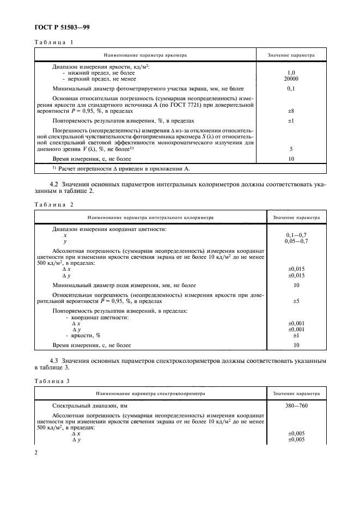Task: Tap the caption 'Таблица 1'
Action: point(53,42)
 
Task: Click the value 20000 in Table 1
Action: point(291,78)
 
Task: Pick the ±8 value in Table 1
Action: point(291,110)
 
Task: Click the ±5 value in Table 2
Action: point(296,301)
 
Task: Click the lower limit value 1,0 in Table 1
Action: point(291,72)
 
